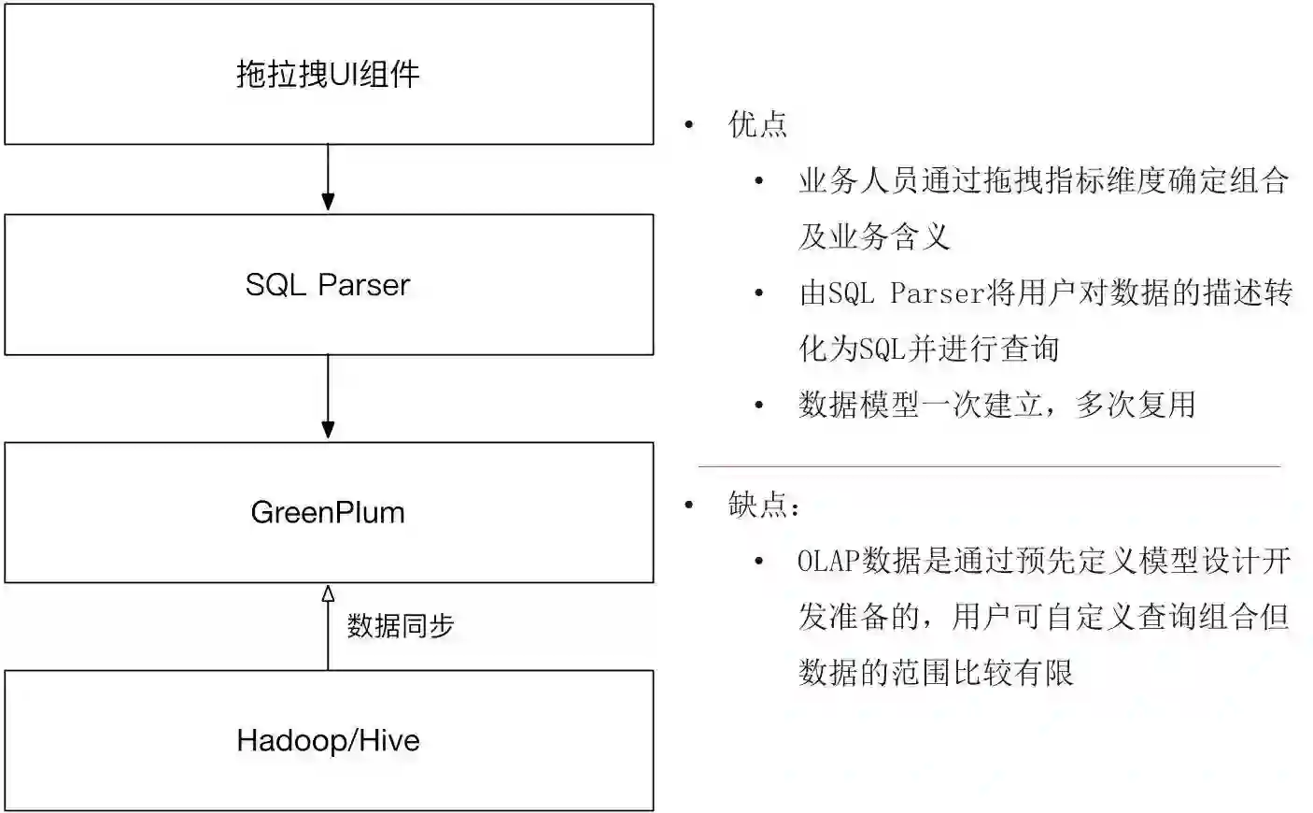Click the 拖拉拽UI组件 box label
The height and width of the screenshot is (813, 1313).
click(328, 74)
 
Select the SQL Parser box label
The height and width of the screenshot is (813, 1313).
click(328, 285)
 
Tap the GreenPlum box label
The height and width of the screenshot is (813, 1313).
click(328, 512)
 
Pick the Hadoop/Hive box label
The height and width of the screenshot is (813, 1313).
click(328, 740)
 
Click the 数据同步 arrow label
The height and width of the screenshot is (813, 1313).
click(401, 625)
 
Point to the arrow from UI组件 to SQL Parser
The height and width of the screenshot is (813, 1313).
click(328, 178)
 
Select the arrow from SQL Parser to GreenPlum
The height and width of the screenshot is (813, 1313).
click(328, 397)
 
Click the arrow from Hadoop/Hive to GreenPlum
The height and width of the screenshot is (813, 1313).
click(328, 626)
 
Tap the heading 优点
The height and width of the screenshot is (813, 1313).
click(757, 124)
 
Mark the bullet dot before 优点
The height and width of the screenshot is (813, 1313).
click(689, 124)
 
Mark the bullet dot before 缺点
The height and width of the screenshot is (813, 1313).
click(689, 506)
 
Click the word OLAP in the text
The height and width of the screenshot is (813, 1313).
click(828, 561)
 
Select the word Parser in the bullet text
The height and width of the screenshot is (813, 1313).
click(938, 293)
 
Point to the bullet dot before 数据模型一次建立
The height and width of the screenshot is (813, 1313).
click(759, 405)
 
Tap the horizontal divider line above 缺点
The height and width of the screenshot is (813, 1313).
click(989, 465)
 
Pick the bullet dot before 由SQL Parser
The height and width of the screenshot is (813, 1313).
click(759, 293)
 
